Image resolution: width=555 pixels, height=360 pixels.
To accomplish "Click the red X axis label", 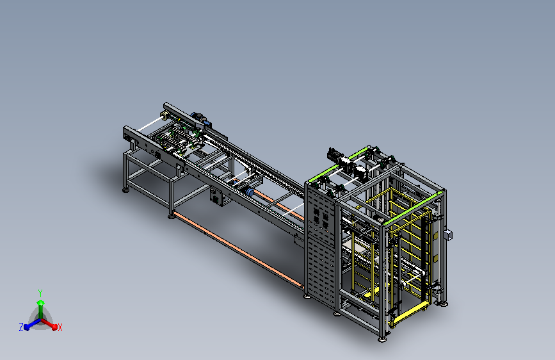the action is (60, 328).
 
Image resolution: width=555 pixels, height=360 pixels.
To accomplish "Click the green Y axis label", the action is (40, 293).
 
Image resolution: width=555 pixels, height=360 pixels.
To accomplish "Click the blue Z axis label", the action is (21, 327).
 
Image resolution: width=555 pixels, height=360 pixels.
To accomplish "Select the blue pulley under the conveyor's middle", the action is (250, 192).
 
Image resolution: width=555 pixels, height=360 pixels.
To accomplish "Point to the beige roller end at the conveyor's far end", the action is (164, 115).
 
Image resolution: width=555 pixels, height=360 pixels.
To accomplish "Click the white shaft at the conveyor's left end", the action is (149, 125).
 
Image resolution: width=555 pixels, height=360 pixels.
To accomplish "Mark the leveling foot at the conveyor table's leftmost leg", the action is (125, 190).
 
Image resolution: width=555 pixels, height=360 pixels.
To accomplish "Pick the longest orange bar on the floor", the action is (239, 249).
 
